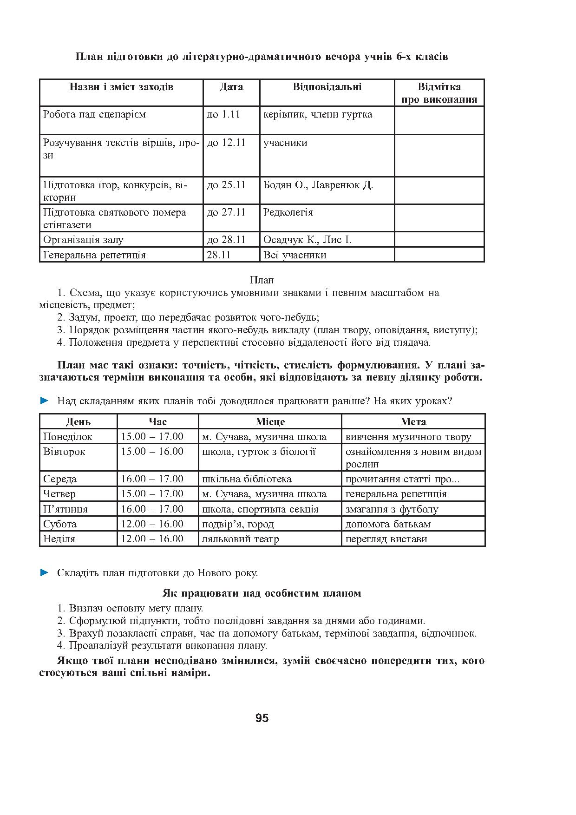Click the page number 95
(262, 718)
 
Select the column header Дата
(231, 87)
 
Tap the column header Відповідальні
(327, 87)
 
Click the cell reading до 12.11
(226, 143)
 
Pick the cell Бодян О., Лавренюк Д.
(318, 185)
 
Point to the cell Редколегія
(288, 212)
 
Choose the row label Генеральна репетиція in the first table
(94, 255)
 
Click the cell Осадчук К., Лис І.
(307, 240)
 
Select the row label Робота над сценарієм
(94, 114)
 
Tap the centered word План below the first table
(262, 280)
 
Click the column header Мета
(413, 421)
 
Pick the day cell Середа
(60, 479)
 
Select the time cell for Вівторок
(152, 452)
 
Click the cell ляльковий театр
(241, 539)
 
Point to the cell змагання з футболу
(392, 509)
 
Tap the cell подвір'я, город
(238, 524)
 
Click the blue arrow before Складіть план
(45, 572)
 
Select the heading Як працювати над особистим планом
(262, 593)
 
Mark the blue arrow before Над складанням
(45, 401)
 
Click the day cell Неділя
(59, 539)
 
